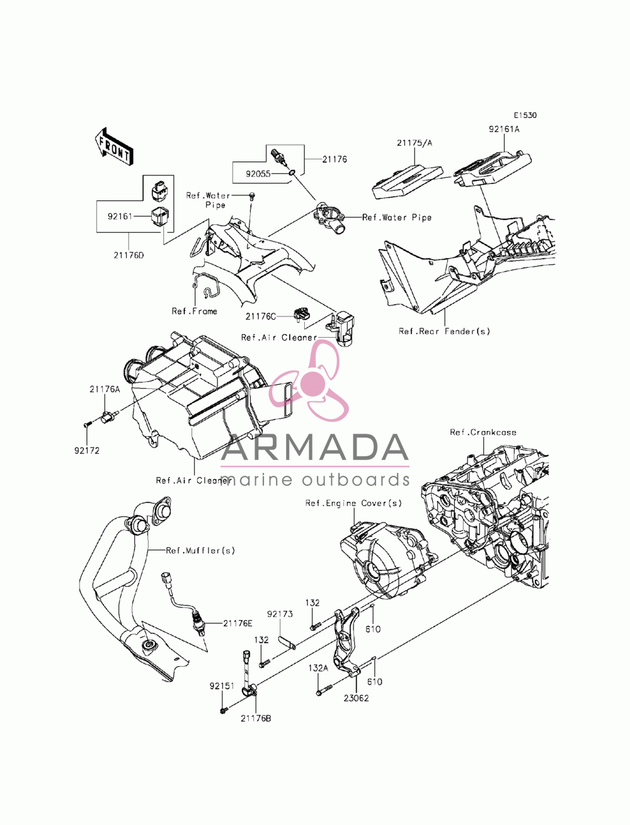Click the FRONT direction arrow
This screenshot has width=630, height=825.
(x=113, y=146)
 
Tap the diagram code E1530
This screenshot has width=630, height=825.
(x=525, y=115)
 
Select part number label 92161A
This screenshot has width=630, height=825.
(x=504, y=129)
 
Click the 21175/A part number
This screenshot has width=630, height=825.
(x=415, y=143)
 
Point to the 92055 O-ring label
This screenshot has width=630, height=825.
(x=258, y=174)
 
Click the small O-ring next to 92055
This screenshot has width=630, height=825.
(x=292, y=173)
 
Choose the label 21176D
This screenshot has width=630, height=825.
(x=129, y=255)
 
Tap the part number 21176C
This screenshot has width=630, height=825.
(x=261, y=316)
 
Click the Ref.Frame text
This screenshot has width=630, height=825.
(x=194, y=311)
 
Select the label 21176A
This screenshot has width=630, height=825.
(x=105, y=389)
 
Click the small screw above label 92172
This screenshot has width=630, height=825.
(x=87, y=425)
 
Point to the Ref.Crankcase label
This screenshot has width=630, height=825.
(x=483, y=432)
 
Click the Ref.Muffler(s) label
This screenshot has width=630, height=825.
(x=200, y=551)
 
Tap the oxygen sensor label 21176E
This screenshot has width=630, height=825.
(x=238, y=623)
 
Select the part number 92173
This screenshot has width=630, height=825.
(x=280, y=614)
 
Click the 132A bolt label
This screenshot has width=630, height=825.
(x=318, y=668)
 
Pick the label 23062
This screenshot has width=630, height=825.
(x=356, y=698)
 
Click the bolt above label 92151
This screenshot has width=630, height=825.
(x=224, y=711)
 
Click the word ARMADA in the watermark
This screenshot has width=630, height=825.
(x=314, y=447)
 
